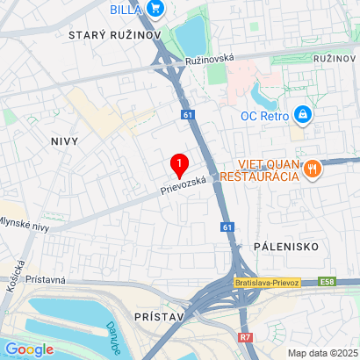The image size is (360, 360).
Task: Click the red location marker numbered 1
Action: pos(180,164)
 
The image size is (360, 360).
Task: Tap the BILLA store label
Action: pos(126,10)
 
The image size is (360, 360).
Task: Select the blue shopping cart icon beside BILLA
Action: pos(155,10)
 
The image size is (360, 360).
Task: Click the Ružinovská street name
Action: pos(210,60)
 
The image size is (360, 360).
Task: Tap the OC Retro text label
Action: pos(266,114)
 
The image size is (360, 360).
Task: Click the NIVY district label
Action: pos(65,140)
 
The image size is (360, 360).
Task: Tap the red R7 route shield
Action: pos(245,336)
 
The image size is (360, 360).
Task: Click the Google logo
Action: pos(29,349)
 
